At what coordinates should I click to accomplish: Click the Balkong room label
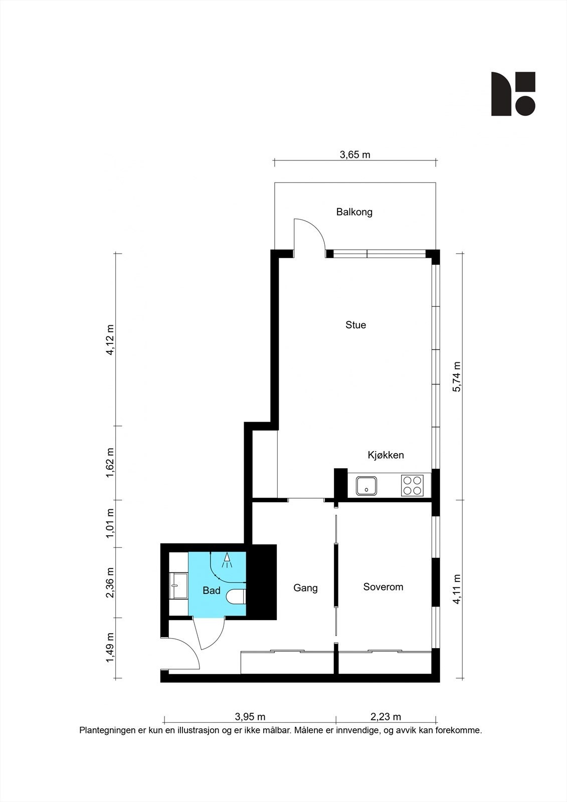(354, 212)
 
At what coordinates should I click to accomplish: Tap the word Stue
(355, 325)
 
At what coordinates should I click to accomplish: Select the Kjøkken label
(386, 455)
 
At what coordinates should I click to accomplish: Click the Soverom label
(383, 587)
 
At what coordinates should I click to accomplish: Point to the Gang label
(305, 588)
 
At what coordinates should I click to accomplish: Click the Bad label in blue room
(211, 590)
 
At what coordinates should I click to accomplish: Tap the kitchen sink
(367, 486)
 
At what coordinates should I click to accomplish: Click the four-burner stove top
(412, 486)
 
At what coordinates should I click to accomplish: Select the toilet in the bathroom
(236, 596)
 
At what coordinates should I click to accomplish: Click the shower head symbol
(227, 560)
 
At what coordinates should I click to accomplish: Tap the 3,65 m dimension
(355, 155)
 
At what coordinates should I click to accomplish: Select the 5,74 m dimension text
(457, 376)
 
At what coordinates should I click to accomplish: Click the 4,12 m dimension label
(110, 339)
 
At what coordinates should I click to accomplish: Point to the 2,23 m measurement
(386, 717)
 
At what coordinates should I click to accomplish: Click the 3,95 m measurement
(250, 717)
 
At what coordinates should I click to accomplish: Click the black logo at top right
(513, 94)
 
